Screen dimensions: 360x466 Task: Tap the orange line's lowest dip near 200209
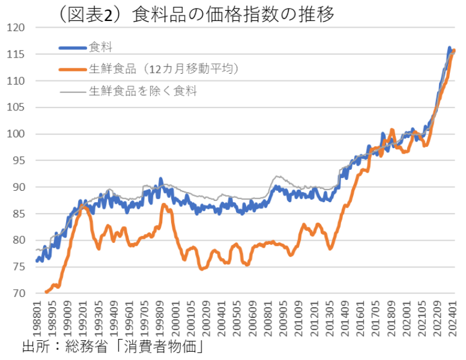pos(202,269)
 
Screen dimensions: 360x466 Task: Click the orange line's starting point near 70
pos(46,292)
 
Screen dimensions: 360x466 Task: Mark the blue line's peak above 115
pos(449,47)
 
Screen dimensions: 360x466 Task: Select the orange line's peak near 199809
pos(164,205)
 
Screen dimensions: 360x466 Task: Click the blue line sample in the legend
pos(73,47)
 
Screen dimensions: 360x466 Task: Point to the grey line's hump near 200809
pos(277,177)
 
